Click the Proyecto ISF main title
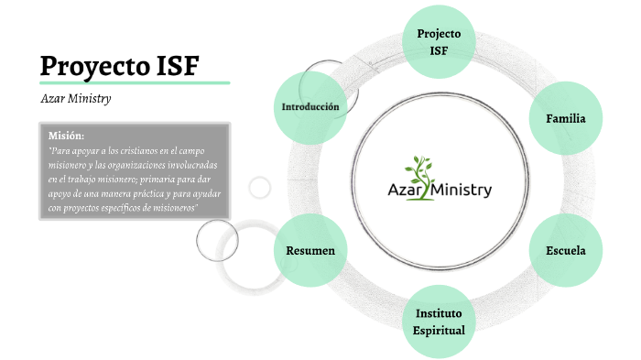coord(120,66)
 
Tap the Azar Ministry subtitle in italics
coord(76,99)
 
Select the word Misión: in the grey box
coord(66,135)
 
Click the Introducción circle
coord(310,107)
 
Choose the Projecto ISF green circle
coord(439,41)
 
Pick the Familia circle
coord(566,119)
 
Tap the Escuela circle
coord(566,250)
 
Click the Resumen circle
coord(310,250)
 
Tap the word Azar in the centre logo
coord(403,191)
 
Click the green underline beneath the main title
coord(134,82)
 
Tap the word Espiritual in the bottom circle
coord(439,330)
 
